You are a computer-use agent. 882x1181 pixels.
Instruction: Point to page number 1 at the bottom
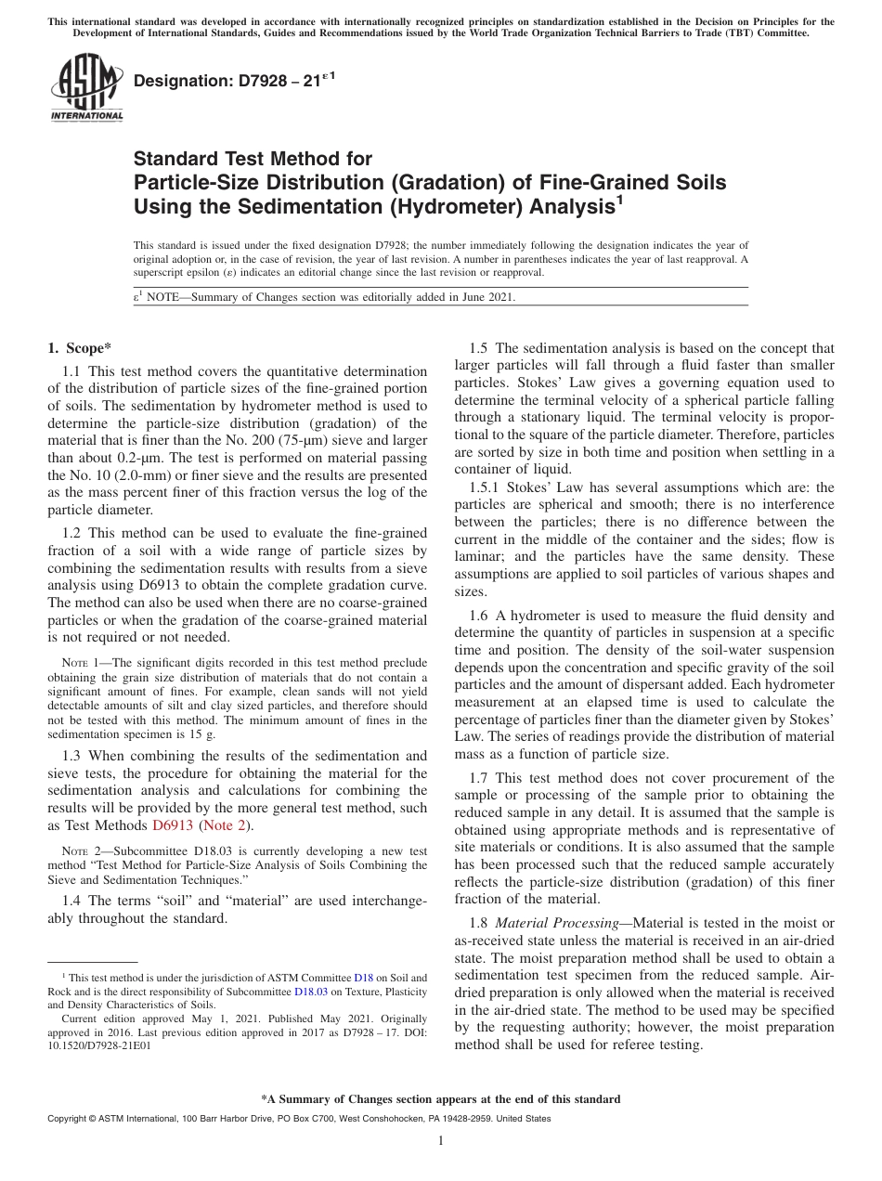(x=441, y=1141)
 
